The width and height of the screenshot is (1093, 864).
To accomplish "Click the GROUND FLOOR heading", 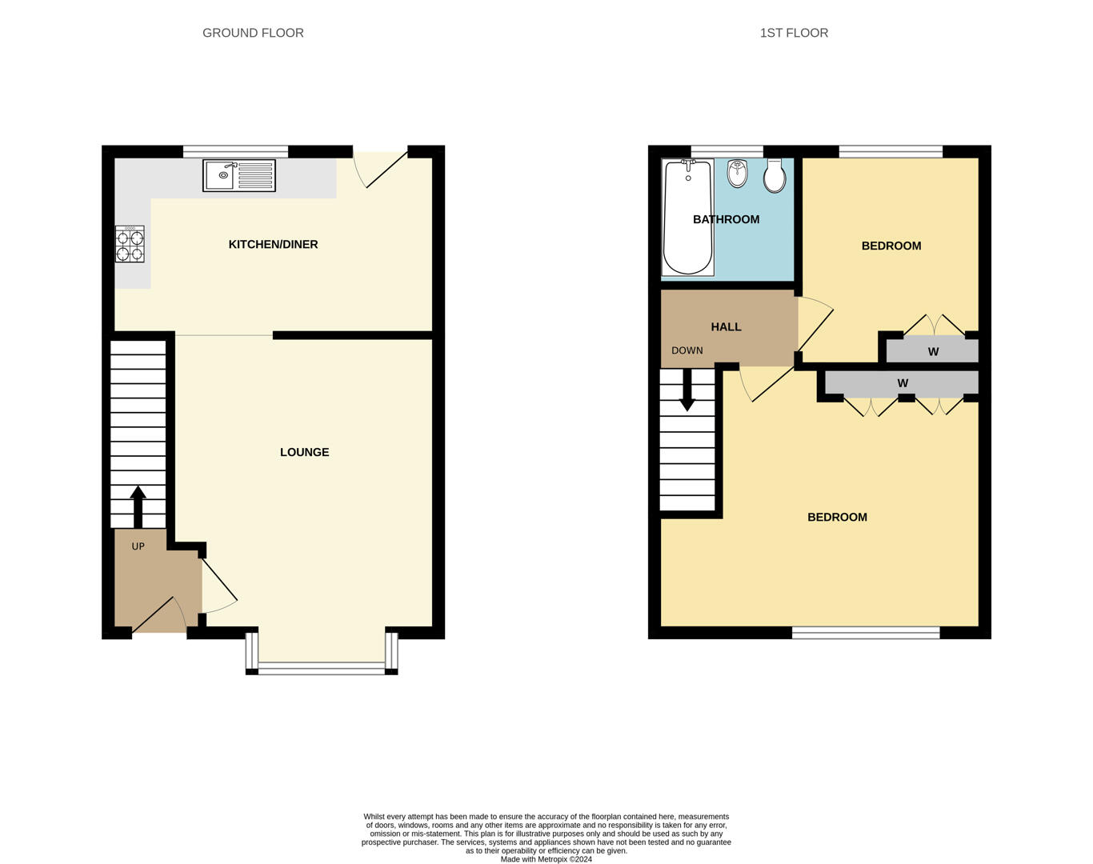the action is tap(253, 33).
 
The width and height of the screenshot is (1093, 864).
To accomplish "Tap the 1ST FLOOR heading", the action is tap(794, 33).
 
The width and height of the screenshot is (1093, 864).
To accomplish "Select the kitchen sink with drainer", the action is tap(239, 175).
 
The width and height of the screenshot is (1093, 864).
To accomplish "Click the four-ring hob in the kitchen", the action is tap(130, 244).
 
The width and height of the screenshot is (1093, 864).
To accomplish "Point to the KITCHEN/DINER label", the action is tap(274, 244).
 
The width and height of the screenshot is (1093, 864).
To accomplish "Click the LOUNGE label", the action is tap(305, 452).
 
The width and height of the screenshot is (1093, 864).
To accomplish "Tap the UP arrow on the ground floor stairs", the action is tap(138, 507).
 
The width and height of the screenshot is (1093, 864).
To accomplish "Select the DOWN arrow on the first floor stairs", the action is tap(687, 390).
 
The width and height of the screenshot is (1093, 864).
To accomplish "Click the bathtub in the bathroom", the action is tap(688, 218).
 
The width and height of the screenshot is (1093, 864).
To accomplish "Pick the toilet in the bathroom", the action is tap(775, 176).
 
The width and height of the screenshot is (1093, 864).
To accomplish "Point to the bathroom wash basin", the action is tap(737, 174).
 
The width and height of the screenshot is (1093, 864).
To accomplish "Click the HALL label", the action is tap(727, 327).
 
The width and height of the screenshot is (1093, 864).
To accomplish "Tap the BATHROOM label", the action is tap(727, 219).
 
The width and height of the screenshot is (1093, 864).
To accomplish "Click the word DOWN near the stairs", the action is tap(687, 350).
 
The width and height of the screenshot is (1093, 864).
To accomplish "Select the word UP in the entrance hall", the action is tap(138, 546).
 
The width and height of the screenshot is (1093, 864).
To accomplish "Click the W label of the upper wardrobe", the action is tap(933, 351).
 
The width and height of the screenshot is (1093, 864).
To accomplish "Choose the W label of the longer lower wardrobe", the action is tap(903, 383).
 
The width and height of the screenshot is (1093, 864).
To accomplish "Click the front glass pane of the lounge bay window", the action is tap(322, 669).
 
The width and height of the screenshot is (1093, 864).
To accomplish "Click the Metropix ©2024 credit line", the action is tap(546, 859).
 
